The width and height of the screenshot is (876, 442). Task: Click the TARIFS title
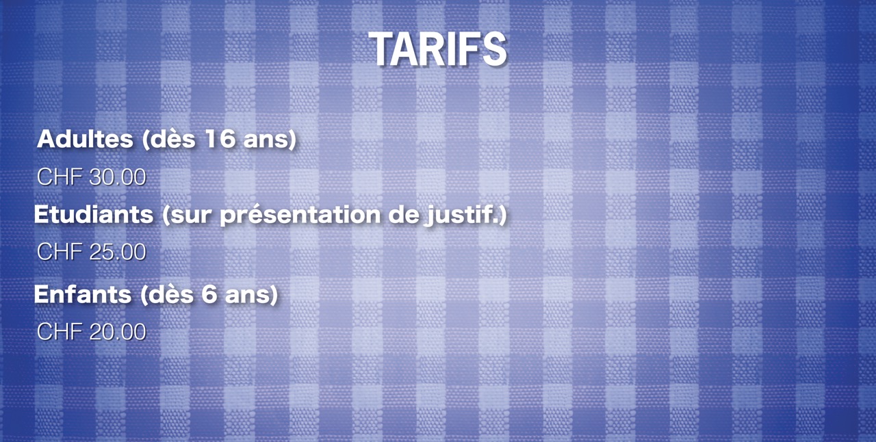(x=437, y=49)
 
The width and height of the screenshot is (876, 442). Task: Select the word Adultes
(x=85, y=139)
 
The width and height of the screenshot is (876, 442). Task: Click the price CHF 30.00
(x=92, y=177)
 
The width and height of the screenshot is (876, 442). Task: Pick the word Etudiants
(x=94, y=214)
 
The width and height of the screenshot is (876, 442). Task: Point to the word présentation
(x=300, y=216)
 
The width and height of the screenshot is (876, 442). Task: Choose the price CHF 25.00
(x=92, y=252)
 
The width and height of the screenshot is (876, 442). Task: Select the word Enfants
(x=83, y=294)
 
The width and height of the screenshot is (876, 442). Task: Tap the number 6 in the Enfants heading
(x=209, y=294)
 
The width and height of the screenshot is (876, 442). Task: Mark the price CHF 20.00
(x=92, y=332)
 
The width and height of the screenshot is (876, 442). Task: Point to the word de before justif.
(x=402, y=215)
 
